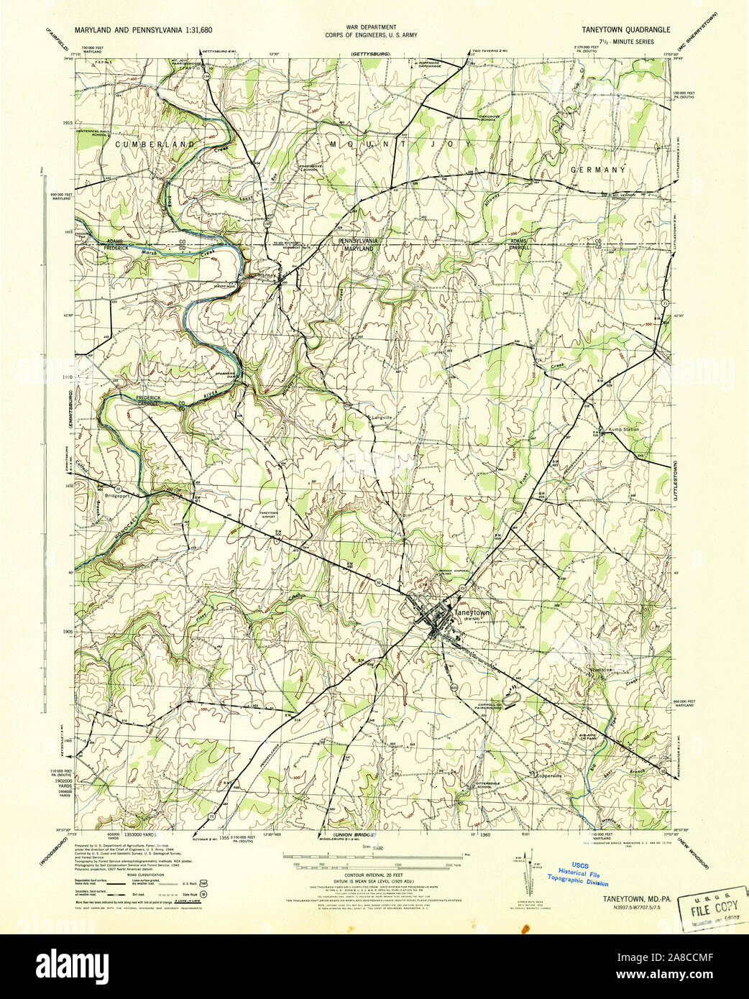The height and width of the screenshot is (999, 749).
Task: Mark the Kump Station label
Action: point(623,429)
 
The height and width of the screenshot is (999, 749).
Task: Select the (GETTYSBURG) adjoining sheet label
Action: point(369,55)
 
